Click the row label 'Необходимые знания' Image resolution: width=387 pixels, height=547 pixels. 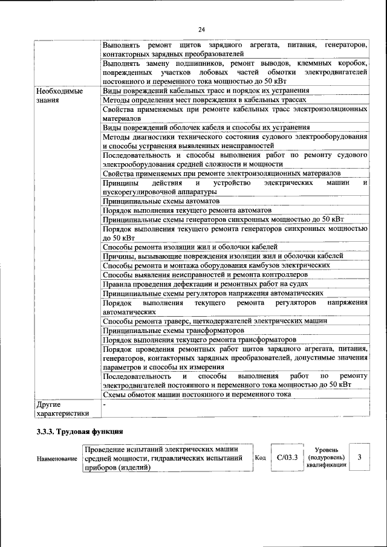point(59,95)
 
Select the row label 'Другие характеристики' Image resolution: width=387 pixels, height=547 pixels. point(63,409)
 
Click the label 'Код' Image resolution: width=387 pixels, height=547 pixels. point(260,458)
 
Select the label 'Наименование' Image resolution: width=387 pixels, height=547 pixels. point(57,459)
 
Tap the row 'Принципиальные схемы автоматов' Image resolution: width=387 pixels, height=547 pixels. point(161,201)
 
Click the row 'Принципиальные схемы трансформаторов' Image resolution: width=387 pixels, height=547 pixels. point(174,331)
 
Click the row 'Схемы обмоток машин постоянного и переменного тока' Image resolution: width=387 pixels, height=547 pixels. point(197,394)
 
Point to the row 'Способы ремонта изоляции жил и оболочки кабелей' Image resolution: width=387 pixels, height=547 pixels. point(190,247)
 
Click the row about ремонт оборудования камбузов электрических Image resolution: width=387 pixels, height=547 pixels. point(216,265)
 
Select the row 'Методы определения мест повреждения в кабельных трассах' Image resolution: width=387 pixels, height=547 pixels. point(204,100)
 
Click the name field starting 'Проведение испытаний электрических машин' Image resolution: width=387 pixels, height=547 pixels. point(167,458)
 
